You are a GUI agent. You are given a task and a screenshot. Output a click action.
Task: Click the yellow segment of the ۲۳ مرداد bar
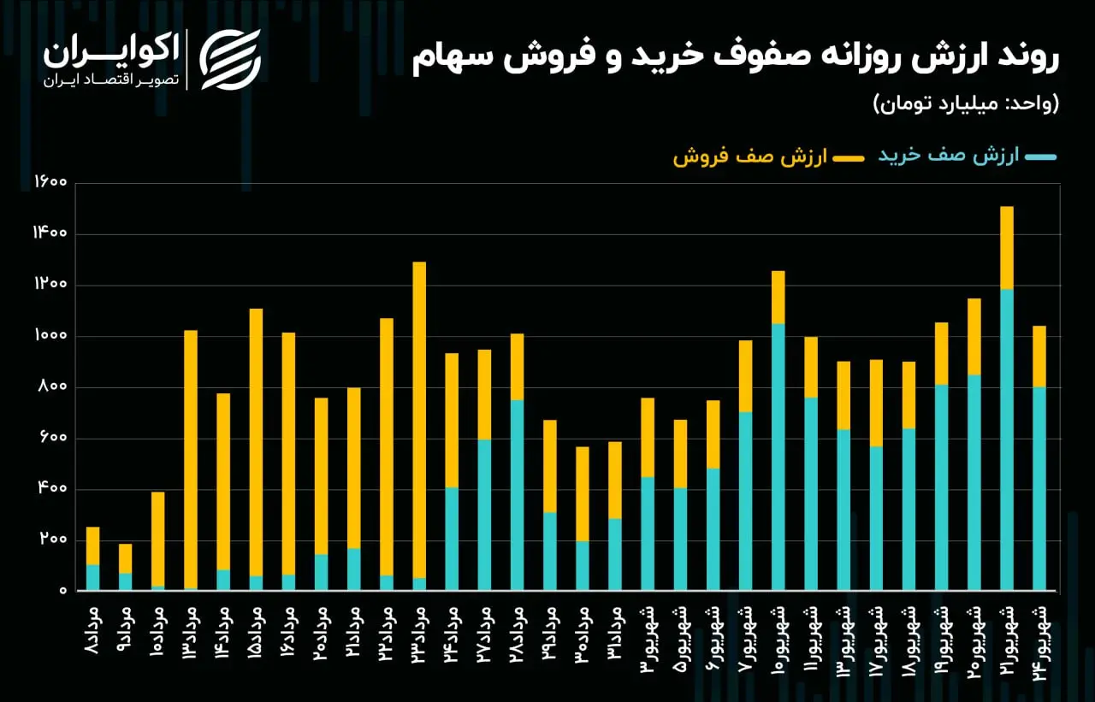(x=419, y=420)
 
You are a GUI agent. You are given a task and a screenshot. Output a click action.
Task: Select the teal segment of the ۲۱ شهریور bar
(x=1007, y=439)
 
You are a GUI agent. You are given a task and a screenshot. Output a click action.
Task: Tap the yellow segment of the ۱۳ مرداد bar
(x=191, y=459)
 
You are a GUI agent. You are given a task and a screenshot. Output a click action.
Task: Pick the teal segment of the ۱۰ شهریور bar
(x=778, y=457)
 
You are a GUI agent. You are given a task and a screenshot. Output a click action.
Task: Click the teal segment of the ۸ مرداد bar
(x=93, y=577)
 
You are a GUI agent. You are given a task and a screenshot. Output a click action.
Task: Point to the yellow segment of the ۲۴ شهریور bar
(x=1039, y=357)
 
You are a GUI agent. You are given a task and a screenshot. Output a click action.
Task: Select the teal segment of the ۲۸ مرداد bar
(x=518, y=495)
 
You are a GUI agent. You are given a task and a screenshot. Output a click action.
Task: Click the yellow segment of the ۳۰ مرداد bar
(x=583, y=494)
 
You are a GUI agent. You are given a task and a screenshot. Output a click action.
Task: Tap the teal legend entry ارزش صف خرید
(x=967, y=156)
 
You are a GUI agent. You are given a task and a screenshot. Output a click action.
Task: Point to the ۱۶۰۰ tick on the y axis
(x=50, y=182)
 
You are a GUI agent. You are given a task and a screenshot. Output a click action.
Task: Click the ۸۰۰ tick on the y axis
(x=53, y=386)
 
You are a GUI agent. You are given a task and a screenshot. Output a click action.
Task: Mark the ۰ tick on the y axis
(x=63, y=591)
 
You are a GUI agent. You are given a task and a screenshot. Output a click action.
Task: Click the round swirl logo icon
(x=230, y=60)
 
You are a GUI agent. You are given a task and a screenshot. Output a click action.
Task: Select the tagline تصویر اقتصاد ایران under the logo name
(x=111, y=80)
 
